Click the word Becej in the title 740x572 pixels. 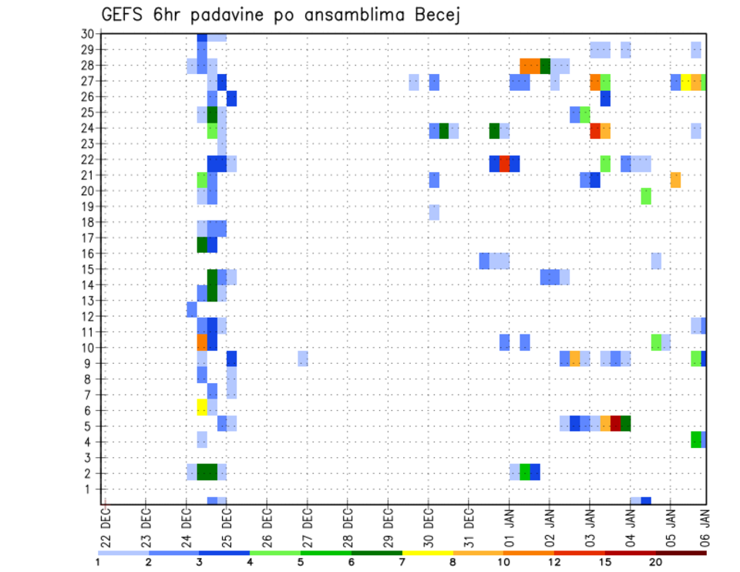pos(432,15)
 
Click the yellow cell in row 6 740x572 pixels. pos(202,407)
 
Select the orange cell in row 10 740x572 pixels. pos(202,341)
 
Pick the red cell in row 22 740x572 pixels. pos(504,163)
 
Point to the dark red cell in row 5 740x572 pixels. pos(615,423)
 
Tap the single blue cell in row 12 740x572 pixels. pos(192,309)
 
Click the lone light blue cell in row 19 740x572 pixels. pos(434,212)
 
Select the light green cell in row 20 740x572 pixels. pos(646,196)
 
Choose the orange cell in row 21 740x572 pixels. pos(675,180)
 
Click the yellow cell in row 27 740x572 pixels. pos(685,82)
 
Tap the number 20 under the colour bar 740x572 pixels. pos(655,562)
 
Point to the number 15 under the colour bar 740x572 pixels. pos(604,562)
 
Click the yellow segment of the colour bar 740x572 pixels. pos(427,553)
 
